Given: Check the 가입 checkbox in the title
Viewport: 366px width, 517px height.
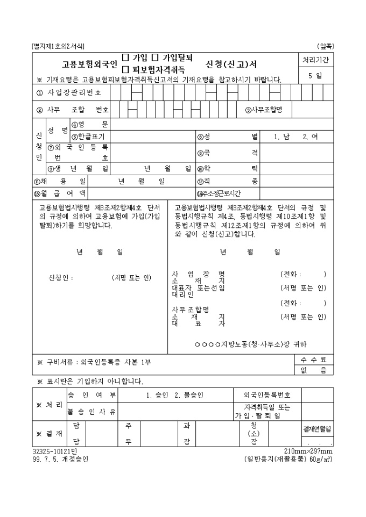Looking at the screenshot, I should pos(125,57).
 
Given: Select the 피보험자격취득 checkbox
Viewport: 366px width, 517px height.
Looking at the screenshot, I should pos(125,69).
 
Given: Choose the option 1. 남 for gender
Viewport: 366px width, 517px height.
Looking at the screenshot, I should pos(281,137).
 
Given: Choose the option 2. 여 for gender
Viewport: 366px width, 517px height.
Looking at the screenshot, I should pos(310,137).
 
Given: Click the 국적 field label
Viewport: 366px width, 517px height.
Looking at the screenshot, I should pos(228,153).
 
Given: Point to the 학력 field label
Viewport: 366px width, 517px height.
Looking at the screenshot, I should pos(228,168).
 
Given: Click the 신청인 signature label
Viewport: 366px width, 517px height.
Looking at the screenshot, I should pos(60,278).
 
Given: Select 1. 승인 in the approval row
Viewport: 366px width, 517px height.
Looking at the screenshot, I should pos(158,396).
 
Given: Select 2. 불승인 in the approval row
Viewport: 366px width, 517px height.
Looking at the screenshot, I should pos(189,396).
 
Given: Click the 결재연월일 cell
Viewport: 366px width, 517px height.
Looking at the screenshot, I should pos(317,428).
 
